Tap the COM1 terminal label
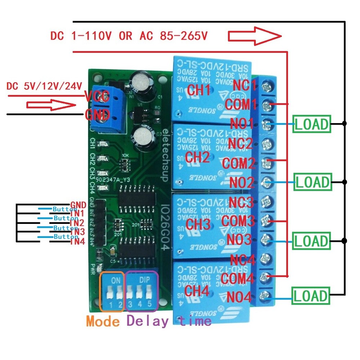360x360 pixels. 241,105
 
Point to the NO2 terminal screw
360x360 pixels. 267,181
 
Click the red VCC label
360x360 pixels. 95,96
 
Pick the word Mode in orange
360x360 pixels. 103,320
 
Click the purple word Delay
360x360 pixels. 147,320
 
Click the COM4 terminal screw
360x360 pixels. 267,276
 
